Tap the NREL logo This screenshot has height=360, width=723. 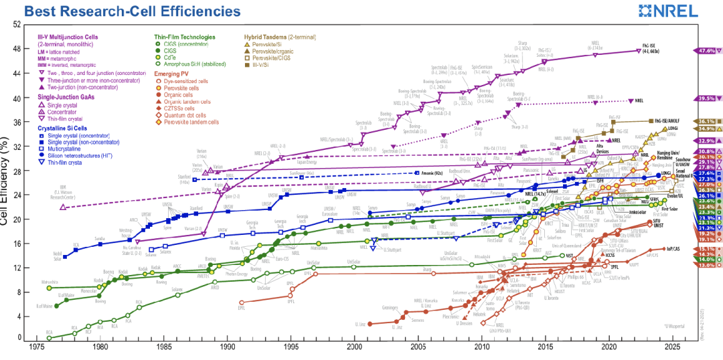pos(682,11)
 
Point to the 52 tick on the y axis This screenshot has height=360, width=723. pos(15,24)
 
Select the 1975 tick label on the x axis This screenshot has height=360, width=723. pos(37,348)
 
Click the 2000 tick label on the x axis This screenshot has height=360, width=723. pos(355,348)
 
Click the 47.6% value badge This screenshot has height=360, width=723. pos(707,51)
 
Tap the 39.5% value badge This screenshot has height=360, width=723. pos(707,98)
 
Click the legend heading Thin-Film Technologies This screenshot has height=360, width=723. pos(184,37)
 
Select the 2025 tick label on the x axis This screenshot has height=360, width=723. pos(673,348)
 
